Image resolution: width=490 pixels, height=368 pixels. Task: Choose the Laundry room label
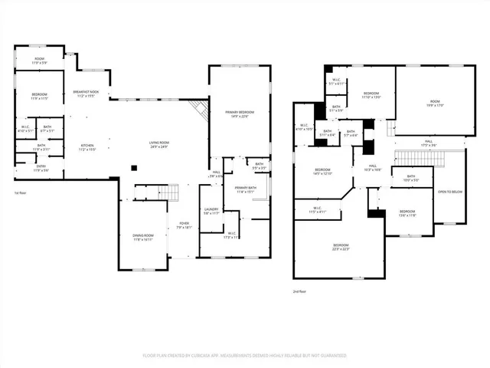tap(211, 211)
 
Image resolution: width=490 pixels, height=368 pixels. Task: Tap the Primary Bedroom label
tap(240, 113)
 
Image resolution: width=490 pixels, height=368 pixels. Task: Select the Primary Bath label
tap(246, 189)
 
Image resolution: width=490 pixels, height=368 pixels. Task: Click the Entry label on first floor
tap(40, 168)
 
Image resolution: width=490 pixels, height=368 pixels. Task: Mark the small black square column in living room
tap(134, 167)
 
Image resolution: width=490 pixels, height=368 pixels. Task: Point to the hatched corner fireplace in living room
tap(201, 110)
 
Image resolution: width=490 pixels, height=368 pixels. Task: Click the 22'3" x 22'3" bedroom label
tap(338, 247)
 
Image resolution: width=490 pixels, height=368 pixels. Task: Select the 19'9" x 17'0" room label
tap(434, 103)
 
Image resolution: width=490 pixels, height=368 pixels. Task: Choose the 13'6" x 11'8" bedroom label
tap(407, 214)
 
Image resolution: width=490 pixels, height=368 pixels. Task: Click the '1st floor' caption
tap(21, 192)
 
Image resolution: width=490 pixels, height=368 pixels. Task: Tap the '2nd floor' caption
tap(300, 291)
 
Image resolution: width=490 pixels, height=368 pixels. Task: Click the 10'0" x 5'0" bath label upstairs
tap(411, 179)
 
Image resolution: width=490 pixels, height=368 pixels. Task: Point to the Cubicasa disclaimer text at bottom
tap(245, 356)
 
